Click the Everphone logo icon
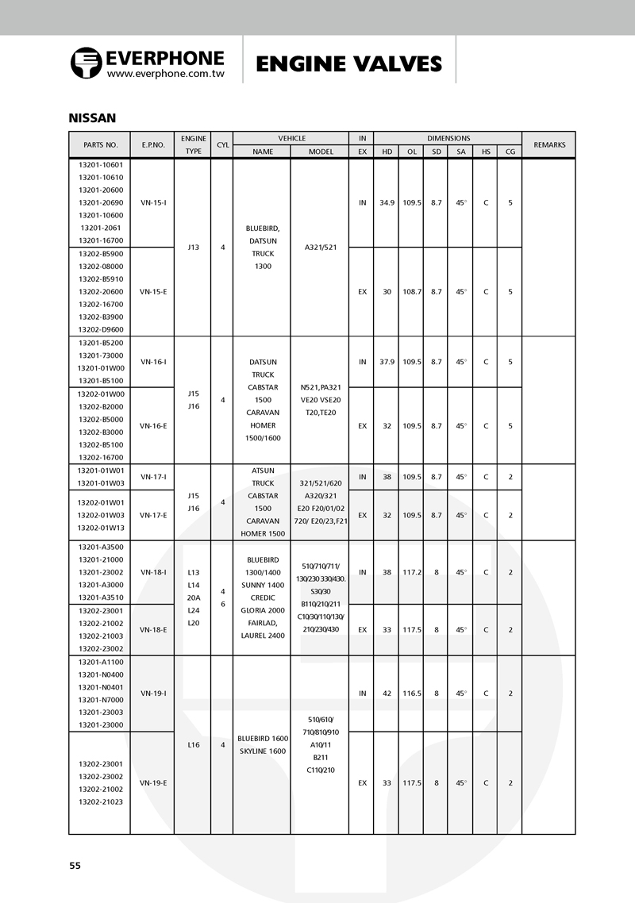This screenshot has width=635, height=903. pos(86,63)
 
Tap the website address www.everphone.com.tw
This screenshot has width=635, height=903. pos(166,73)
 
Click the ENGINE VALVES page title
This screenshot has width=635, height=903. pos(348,63)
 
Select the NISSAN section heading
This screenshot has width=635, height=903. pos(93,118)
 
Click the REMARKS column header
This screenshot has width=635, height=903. pos(549,144)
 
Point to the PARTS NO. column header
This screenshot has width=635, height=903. pos(100,145)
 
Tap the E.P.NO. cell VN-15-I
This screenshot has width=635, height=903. pos(153,202)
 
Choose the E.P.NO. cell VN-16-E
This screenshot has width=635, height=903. pos(153,425)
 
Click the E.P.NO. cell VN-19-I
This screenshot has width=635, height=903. pos(153,693)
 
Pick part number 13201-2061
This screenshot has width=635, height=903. pos(101,228)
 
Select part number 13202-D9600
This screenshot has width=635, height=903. pos(101,329)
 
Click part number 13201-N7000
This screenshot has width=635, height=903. pos(101,699)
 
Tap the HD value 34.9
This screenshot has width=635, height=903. pos(387,202)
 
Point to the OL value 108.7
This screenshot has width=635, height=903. pos(411,291)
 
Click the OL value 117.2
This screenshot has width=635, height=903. pos(411,571)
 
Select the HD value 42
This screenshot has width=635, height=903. pos(387,693)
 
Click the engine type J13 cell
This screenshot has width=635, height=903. pos(193,247)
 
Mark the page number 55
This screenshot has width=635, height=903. pos(75,865)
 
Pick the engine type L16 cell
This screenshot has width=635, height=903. pos(193,744)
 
